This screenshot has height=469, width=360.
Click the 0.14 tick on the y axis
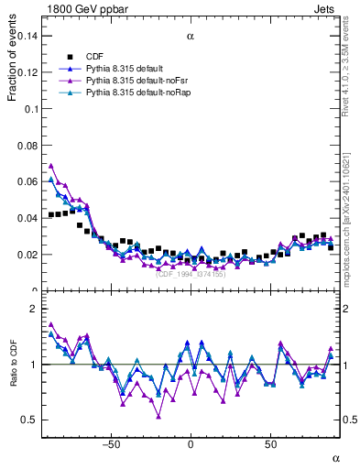pos(29,36)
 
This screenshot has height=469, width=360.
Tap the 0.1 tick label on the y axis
pos(33,108)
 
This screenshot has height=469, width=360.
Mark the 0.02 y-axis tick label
pos(29,255)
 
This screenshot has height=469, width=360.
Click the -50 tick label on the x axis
pos(112,444)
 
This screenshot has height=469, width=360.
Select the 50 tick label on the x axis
pos(270,444)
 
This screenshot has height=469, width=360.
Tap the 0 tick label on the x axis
pos(191,444)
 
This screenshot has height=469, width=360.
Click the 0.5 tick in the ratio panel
pos(31,420)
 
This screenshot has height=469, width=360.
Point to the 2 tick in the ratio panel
pos(37,310)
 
